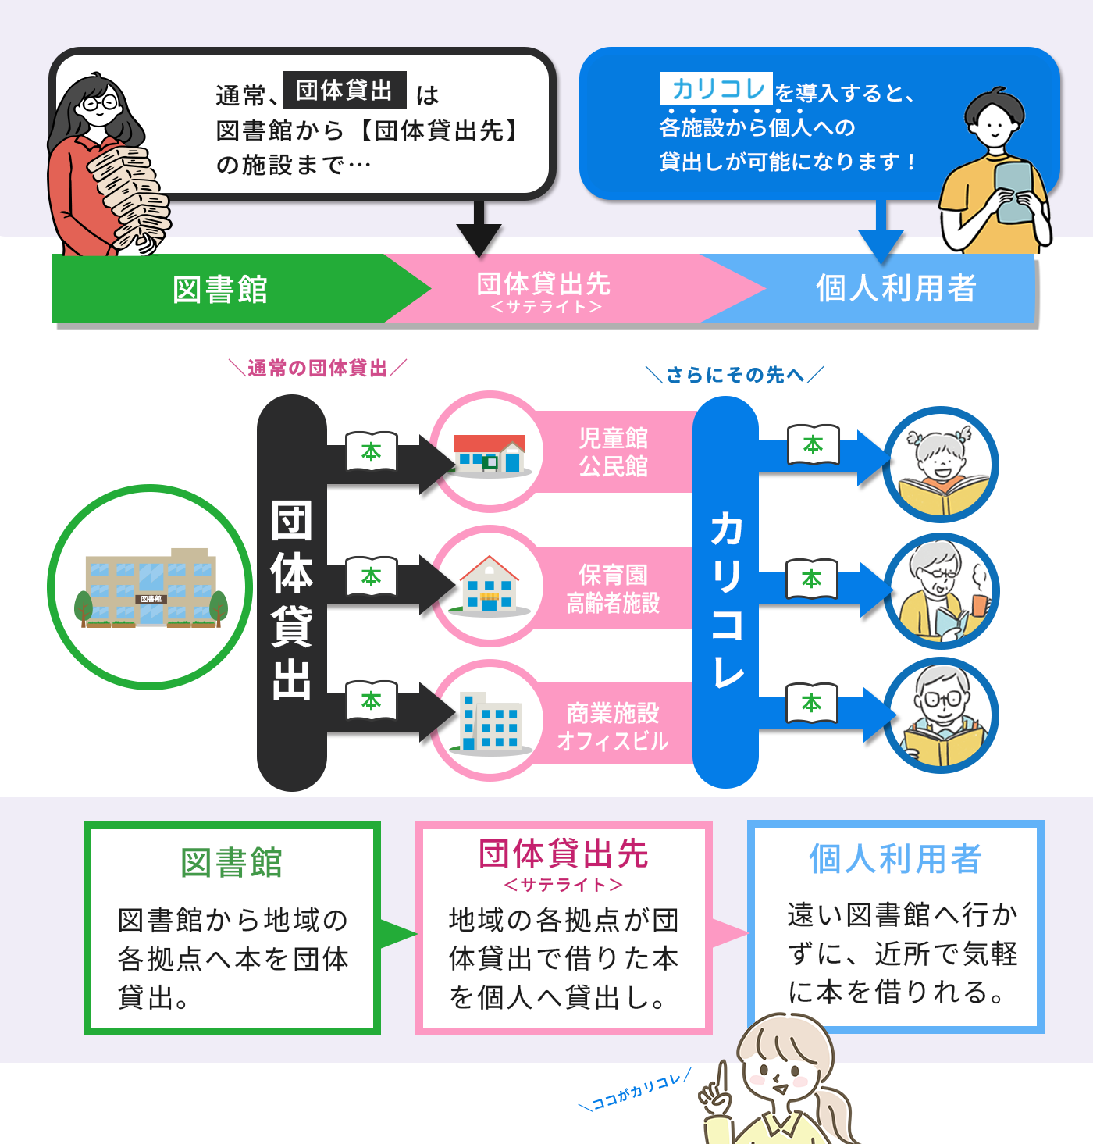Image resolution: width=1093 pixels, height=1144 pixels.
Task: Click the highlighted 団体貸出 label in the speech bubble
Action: [x=344, y=91]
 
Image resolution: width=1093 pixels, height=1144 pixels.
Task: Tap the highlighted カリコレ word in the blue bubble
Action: [x=717, y=89]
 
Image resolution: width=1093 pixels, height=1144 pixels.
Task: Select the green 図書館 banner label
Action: [x=220, y=290]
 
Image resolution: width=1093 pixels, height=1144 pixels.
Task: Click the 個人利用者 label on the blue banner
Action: [x=896, y=288]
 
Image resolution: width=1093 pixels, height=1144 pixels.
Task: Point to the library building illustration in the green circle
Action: [x=151, y=588]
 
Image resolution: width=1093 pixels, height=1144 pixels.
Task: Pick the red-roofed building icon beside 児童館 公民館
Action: [x=490, y=453]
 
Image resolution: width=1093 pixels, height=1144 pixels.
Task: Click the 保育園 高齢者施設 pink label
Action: [x=613, y=589]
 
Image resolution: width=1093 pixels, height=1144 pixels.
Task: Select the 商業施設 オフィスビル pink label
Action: [x=613, y=726]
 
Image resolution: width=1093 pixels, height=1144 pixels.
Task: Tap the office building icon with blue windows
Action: [x=489, y=722]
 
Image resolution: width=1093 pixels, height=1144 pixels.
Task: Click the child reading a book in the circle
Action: [x=942, y=465]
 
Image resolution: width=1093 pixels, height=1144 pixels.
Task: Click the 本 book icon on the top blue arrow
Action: [x=813, y=445]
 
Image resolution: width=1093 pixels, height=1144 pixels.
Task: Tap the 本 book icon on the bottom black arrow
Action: [x=371, y=700]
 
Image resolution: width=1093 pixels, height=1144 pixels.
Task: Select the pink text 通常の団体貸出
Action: [x=317, y=368]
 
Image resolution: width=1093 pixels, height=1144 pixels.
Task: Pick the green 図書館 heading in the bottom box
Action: [x=231, y=863]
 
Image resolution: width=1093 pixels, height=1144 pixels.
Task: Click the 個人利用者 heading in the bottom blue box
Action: [x=895, y=859]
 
